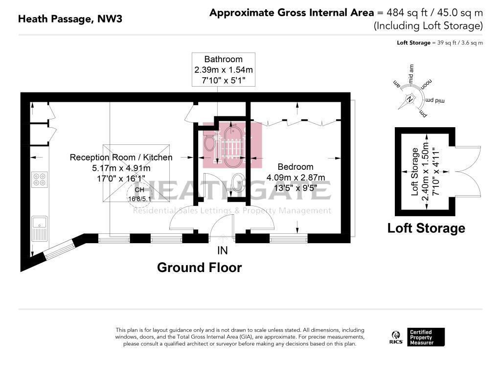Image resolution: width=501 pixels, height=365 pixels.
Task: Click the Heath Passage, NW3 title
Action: pos(70,19)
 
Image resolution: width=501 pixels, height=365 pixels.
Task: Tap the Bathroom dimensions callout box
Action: pos(223,69)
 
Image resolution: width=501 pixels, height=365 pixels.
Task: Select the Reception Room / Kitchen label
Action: pos(121,157)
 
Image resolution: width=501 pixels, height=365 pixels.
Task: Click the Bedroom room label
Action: pos(296,166)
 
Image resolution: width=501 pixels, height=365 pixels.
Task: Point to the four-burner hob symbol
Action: pos(40,179)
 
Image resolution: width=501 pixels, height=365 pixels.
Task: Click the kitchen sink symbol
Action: pos(40,229)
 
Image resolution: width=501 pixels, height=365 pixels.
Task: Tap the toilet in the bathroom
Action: pos(209,142)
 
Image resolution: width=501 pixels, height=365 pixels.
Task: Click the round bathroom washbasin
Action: pos(238,182)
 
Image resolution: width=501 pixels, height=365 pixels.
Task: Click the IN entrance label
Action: pos(223,251)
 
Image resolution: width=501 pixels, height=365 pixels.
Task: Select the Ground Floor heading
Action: pos(200,267)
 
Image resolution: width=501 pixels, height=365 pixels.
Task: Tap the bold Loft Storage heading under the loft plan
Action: pos(426,228)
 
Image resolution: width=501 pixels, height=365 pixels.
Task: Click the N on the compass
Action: pos(410,99)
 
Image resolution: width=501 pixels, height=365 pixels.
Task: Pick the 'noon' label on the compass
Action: pos(426,85)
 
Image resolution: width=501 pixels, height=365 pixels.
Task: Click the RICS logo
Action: pos(396,337)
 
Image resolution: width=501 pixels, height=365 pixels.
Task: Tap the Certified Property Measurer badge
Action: pos(426,337)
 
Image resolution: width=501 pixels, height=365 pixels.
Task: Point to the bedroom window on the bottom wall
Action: pos(289,238)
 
